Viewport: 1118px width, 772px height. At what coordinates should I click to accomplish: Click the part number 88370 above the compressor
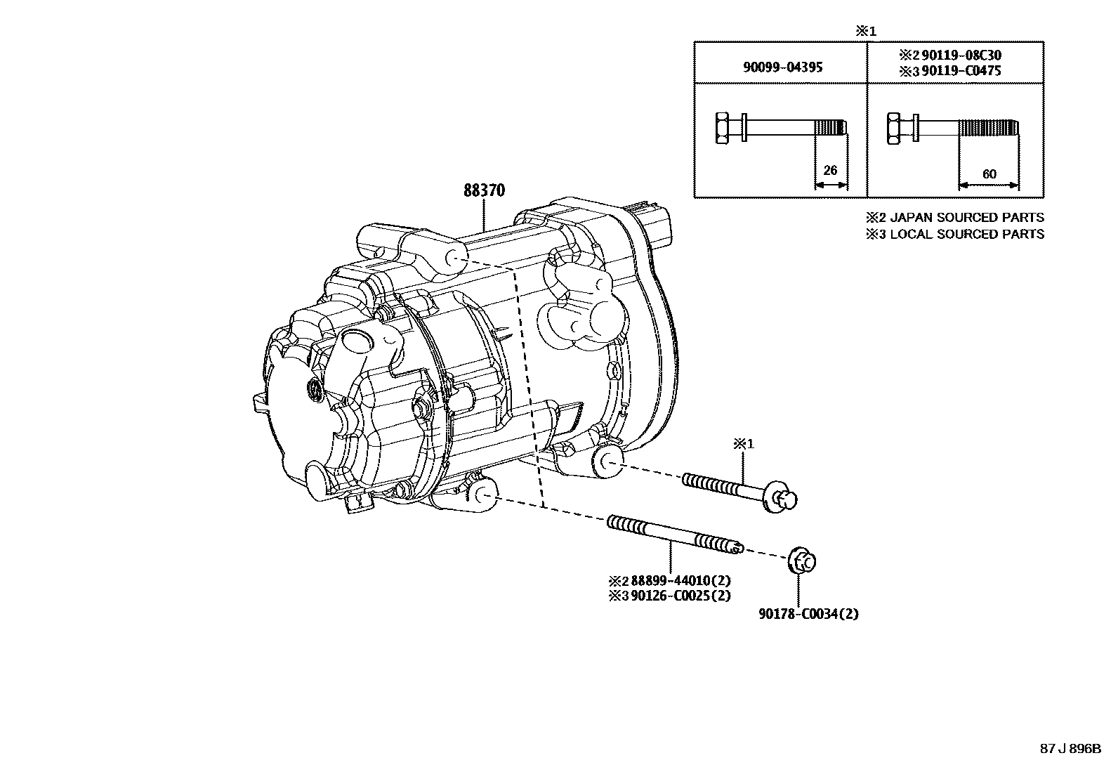point(484,190)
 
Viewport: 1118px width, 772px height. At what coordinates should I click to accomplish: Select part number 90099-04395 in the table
point(782,67)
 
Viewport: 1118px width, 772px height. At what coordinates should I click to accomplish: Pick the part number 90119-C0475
point(961,71)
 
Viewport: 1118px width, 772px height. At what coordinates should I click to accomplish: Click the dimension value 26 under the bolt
point(830,171)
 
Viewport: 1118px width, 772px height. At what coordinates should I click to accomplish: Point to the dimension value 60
point(989,174)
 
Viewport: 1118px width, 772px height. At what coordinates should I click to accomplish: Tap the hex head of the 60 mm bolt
point(895,128)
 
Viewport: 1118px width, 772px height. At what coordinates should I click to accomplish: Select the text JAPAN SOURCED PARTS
point(967,218)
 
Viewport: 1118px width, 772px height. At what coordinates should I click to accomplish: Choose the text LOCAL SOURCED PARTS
point(967,234)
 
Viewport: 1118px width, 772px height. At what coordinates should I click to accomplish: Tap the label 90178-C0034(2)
point(808,614)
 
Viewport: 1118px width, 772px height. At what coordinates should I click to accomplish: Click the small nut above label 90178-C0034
point(803,560)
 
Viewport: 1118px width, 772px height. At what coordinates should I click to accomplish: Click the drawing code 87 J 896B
point(1070,749)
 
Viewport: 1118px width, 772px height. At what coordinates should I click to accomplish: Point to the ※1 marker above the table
point(865,31)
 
